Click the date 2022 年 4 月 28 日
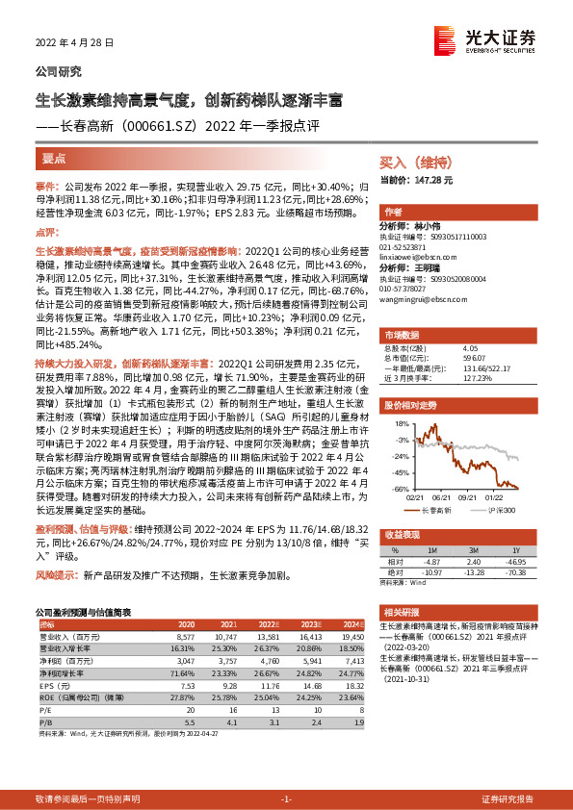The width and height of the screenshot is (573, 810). pos(74,43)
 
